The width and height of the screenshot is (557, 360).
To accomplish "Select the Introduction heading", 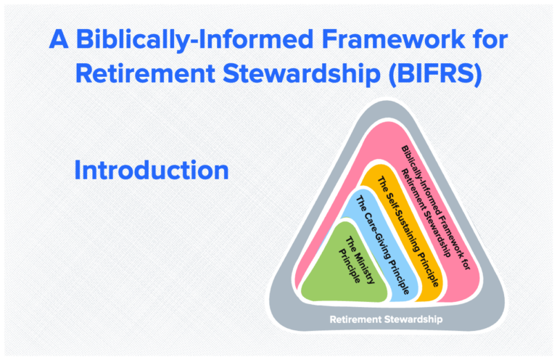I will (152, 171).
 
